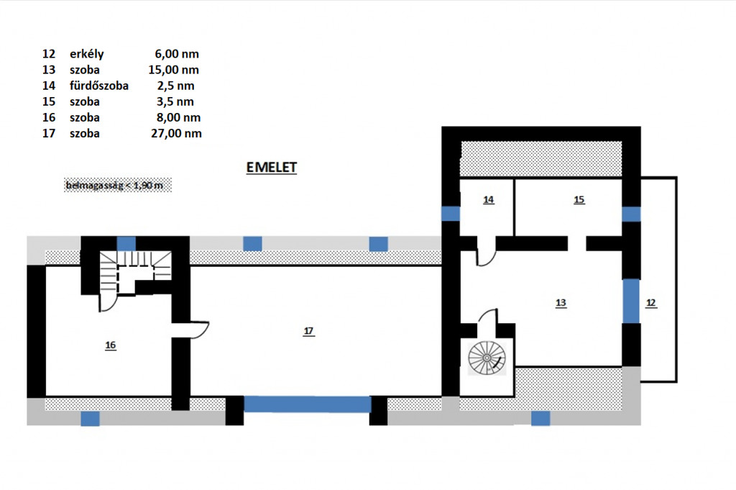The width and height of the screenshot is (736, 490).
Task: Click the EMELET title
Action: coord(271,168)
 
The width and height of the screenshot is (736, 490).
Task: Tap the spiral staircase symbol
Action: coord(487,358)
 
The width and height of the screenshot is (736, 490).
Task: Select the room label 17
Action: coord(308,331)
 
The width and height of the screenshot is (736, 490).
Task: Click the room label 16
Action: coord(110,345)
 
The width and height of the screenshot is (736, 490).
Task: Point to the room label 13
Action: coord(561,303)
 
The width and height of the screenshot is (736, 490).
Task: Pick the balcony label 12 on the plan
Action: coord(650,303)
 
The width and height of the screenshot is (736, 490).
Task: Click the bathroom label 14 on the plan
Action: coord(489,199)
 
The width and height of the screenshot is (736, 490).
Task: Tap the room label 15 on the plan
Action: coord(579,199)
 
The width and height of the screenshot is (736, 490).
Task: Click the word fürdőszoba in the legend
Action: coord(99,86)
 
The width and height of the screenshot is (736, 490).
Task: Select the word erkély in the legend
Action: coord(87,54)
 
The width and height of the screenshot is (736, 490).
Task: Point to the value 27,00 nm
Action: coord(177,133)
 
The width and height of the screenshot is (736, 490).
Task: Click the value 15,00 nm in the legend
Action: coord(174,70)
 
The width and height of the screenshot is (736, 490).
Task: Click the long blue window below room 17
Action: coord(308,404)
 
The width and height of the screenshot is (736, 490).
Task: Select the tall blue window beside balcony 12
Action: coord(631,301)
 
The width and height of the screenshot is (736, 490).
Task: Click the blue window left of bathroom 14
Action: coord(451,214)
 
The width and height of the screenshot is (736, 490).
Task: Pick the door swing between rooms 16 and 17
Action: coord(200,330)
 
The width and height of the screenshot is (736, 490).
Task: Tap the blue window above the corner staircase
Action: coord(126,244)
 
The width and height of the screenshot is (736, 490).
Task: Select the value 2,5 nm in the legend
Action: coord(176,86)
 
